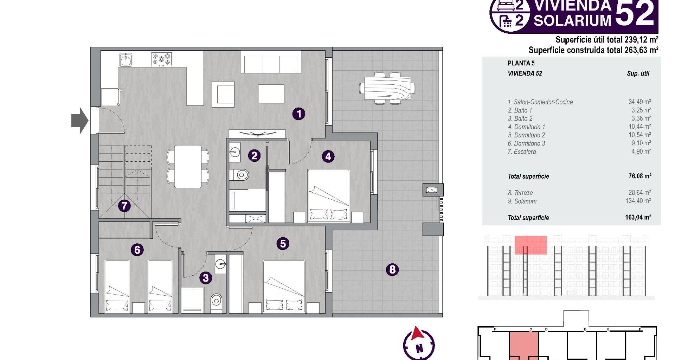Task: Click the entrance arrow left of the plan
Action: pyautogui.click(x=80, y=121)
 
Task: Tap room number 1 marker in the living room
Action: pyautogui.click(x=299, y=114)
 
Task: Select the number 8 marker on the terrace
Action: pyautogui.click(x=392, y=270)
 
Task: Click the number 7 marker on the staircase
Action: pyautogui.click(x=124, y=206)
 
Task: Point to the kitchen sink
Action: pyautogui.click(x=126, y=60)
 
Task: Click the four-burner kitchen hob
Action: pyautogui.click(x=162, y=59)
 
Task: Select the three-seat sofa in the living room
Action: pyautogui.click(x=271, y=62)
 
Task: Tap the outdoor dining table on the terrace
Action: pyautogui.click(x=388, y=88)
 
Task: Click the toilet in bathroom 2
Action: pyautogui.click(x=240, y=174)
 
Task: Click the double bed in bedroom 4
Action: pyautogui.click(x=329, y=196)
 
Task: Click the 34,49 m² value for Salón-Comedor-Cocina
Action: pyautogui.click(x=639, y=102)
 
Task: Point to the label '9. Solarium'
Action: pyautogui.click(x=522, y=201)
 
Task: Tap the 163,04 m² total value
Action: pyautogui.click(x=638, y=217)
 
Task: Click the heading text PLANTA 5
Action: pyautogui.click(x=521, y=63)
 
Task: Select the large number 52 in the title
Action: pyautogui.click(x=635, y=13)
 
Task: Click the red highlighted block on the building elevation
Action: pyautogui.click(x=531, y=245)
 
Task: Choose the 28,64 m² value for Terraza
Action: pyautogui.click(x=639, y=193)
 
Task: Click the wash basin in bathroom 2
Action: pyautogui.click(x=234, y=152)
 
